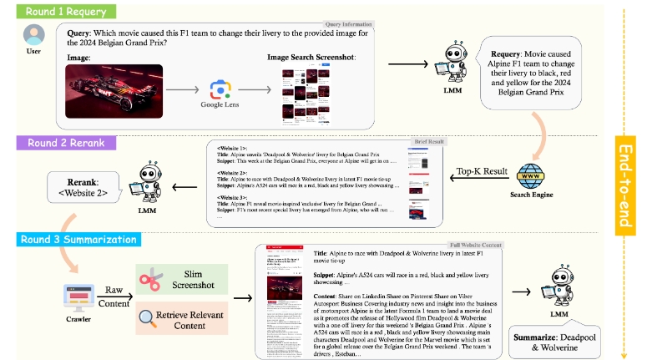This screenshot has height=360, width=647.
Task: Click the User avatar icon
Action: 34,37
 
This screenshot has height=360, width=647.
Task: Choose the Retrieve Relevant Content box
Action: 183,317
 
